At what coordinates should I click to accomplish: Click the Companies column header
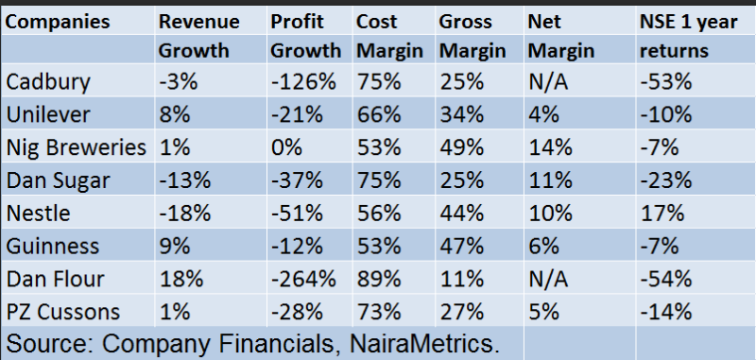58,22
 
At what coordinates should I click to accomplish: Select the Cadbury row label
48,82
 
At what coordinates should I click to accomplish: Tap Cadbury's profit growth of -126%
303,82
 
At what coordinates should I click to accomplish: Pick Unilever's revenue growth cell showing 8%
175,114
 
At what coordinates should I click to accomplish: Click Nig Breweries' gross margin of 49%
461,147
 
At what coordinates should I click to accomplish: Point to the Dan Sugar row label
58,180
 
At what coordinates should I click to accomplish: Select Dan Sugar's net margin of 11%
550,180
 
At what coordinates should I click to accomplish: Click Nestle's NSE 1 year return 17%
661,213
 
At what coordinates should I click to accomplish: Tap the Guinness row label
53,247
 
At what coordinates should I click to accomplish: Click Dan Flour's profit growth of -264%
303,279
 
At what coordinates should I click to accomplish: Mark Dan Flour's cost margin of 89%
379,279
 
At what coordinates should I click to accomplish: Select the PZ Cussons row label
62,312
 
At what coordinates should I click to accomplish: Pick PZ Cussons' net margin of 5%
544,312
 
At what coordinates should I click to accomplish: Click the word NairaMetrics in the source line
424,344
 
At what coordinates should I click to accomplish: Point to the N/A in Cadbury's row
548,82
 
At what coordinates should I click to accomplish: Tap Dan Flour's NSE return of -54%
666,279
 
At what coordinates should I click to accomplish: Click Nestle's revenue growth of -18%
184,213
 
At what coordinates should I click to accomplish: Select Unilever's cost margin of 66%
379,114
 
